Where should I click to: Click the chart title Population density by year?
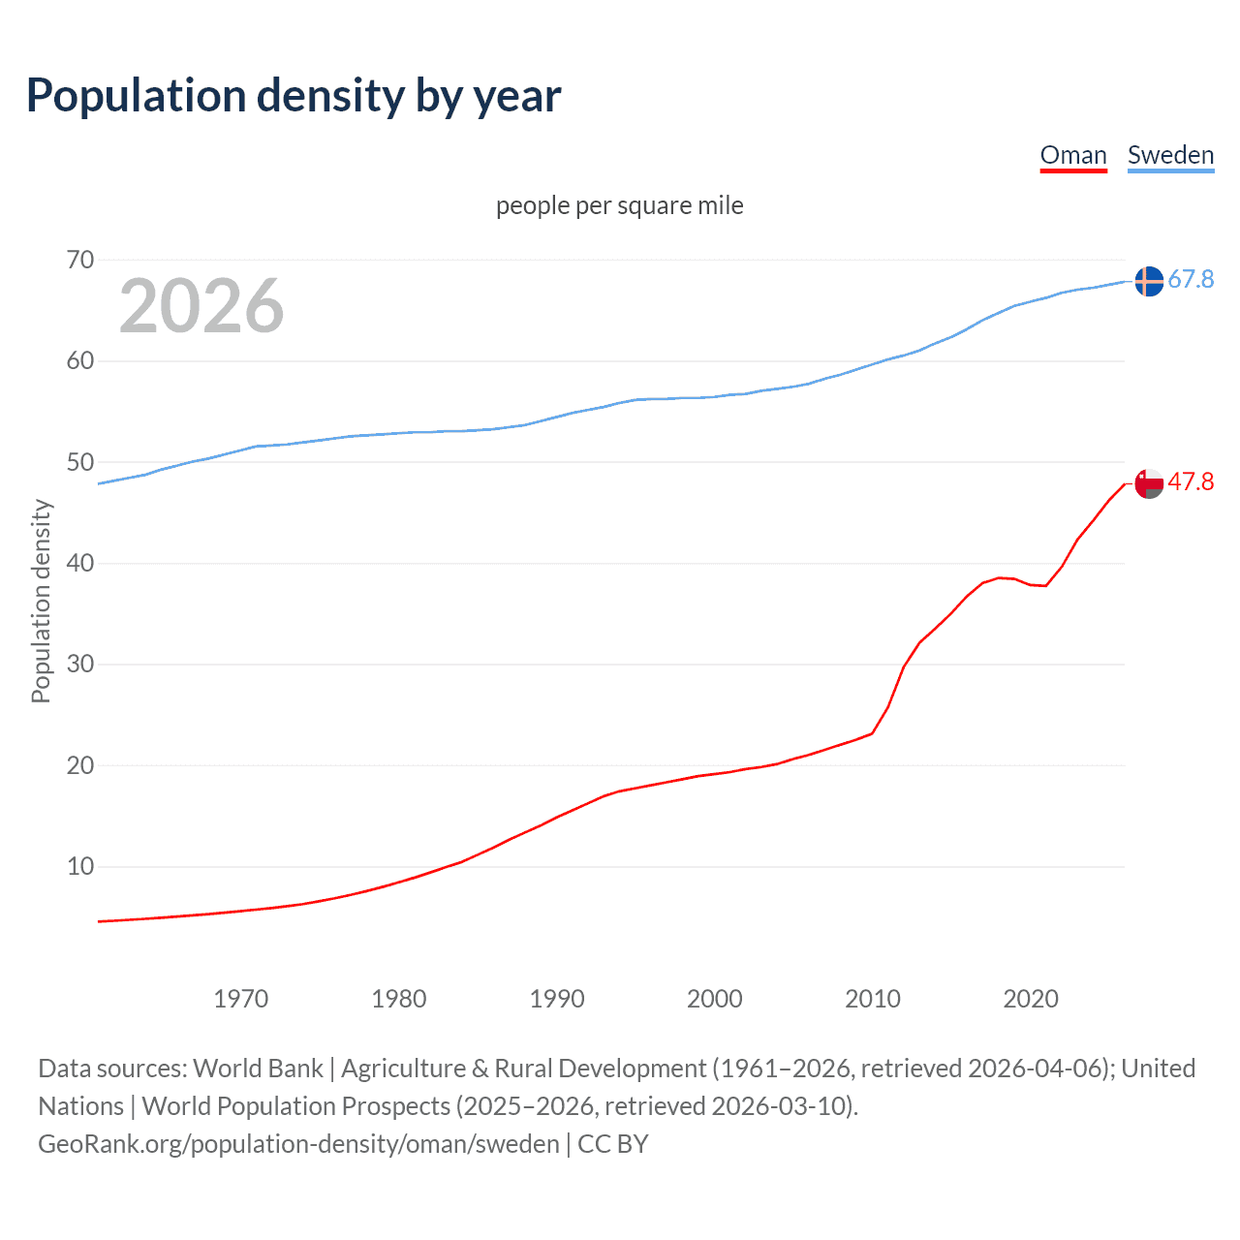294,96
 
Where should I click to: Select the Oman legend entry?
1073,155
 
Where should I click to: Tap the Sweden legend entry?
1170,155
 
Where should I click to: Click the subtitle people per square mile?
620,205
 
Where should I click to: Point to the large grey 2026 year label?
201,306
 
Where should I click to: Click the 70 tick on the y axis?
80,260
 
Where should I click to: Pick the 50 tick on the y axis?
80,462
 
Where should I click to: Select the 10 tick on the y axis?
80,866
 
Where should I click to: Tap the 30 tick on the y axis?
80,665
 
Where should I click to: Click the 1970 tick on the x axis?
241,999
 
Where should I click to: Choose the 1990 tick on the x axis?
557,999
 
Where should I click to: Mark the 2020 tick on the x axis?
1031,999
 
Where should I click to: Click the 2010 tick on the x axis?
873,999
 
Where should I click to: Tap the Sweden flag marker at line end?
1149,281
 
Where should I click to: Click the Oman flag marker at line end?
1149,482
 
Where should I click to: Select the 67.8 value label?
1191,280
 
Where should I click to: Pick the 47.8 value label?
1191,481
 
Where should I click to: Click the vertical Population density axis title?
41,601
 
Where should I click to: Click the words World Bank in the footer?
258,1069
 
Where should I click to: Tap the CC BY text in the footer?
613,1144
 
